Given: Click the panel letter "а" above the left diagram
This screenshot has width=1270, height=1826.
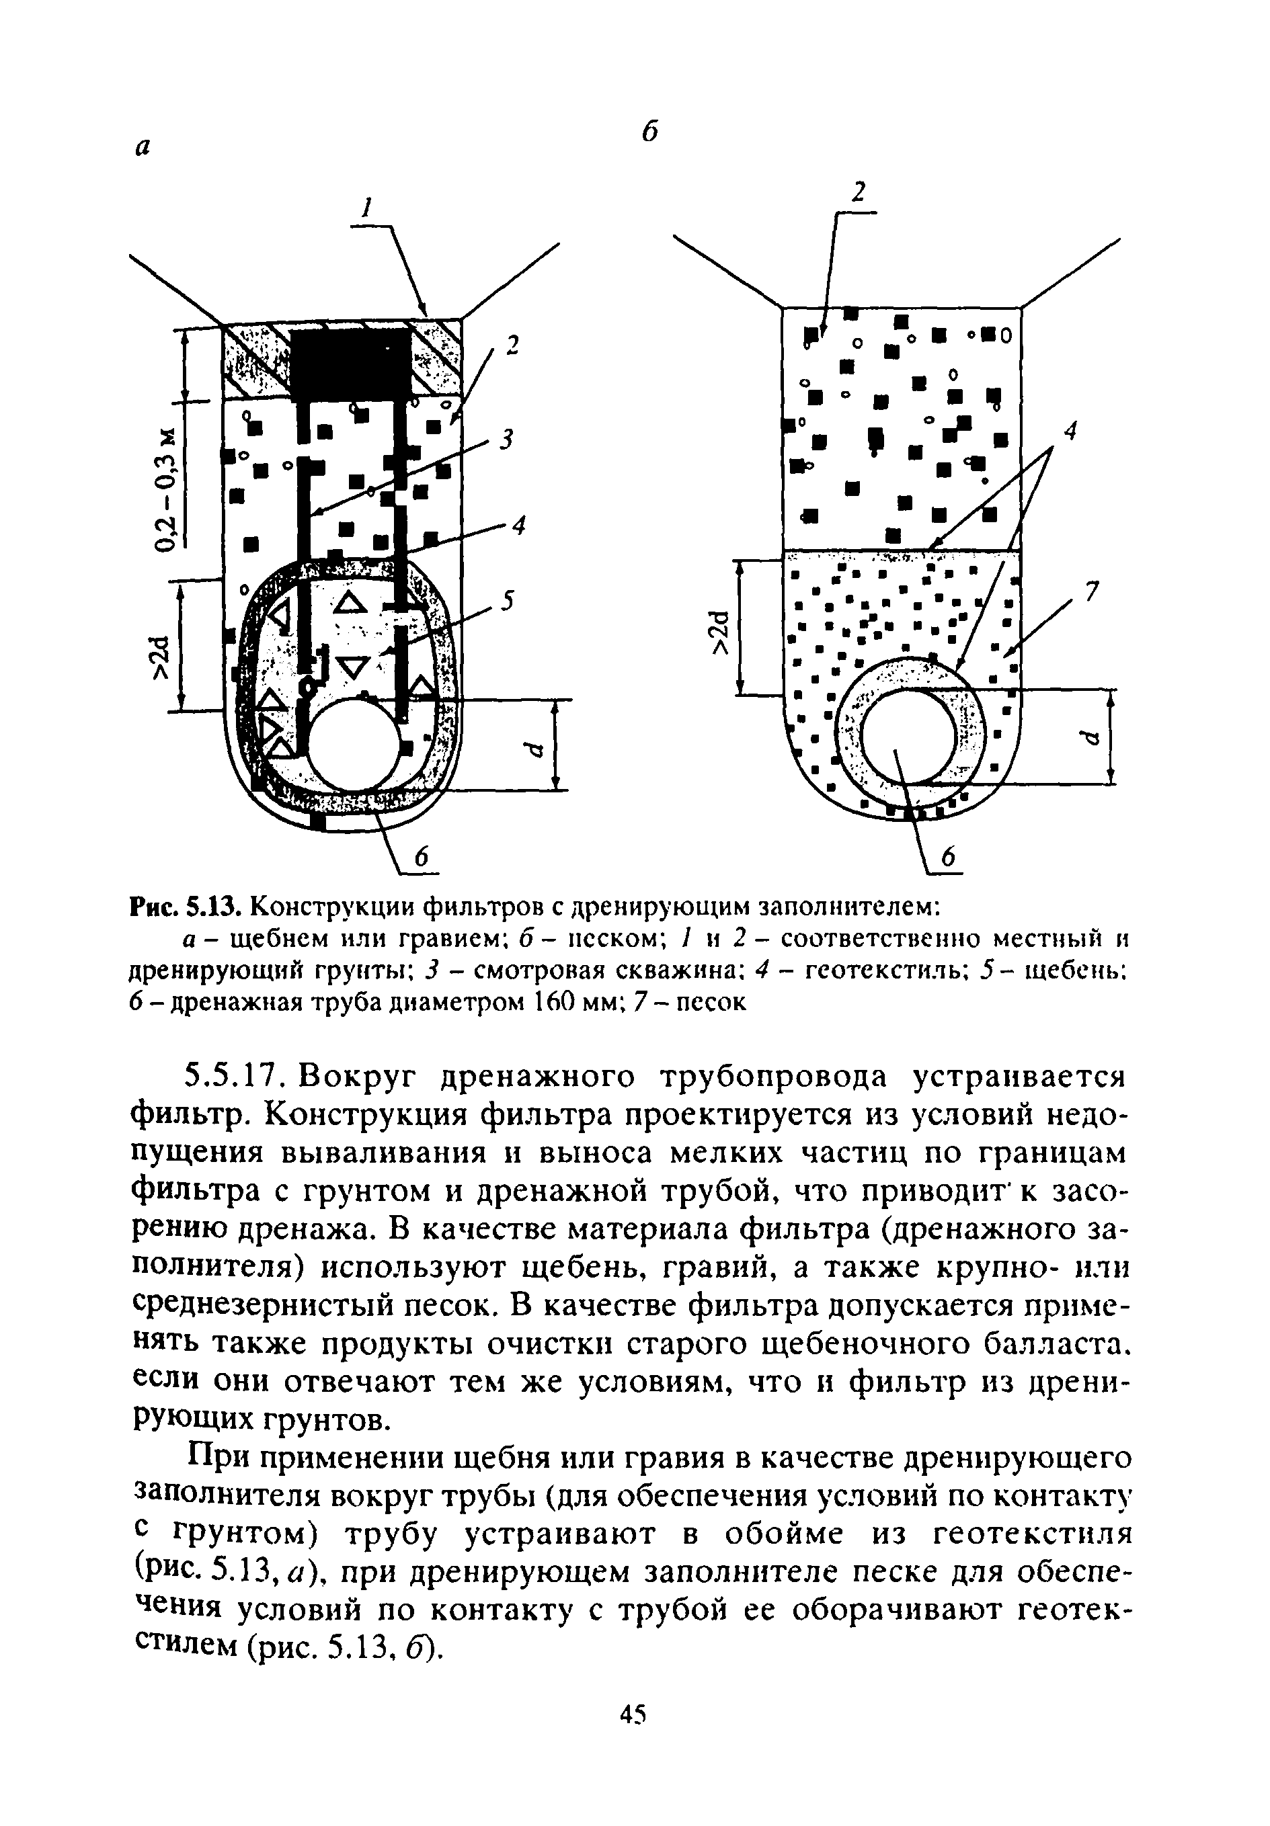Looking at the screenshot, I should (143, 147).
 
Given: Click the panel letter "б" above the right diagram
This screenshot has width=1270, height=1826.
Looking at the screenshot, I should (650, 131).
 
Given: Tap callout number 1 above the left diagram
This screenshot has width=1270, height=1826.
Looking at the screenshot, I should (367, 209).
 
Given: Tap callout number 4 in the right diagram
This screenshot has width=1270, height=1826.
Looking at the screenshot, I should (1070, 431).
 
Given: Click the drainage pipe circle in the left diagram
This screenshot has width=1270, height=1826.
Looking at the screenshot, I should (352, 745).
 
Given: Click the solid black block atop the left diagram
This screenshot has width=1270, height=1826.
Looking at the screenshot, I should (351, 364).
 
